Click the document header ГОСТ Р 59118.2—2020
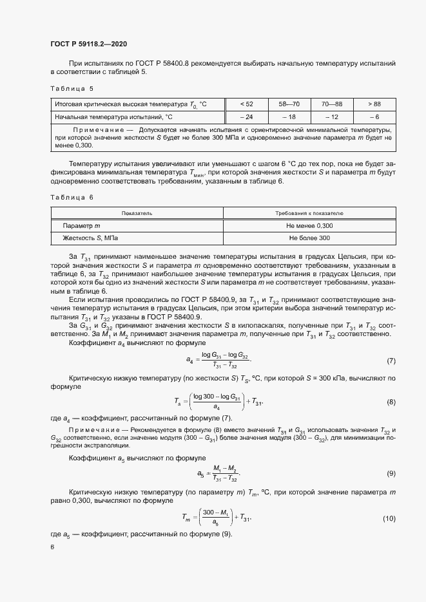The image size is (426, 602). [88, 44]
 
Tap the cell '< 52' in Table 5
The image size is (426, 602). [246, 104]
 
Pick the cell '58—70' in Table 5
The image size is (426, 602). [289, 104]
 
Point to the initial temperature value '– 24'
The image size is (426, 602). [246, 117]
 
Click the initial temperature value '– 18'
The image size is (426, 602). [289, 117]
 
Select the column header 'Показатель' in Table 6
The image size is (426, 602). [137, 212]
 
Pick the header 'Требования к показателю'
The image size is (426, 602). [309, 212]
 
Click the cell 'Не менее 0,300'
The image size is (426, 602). [309, 225]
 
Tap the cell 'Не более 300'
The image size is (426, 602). [309, 238]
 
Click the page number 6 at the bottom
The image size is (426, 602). [52, 547]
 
